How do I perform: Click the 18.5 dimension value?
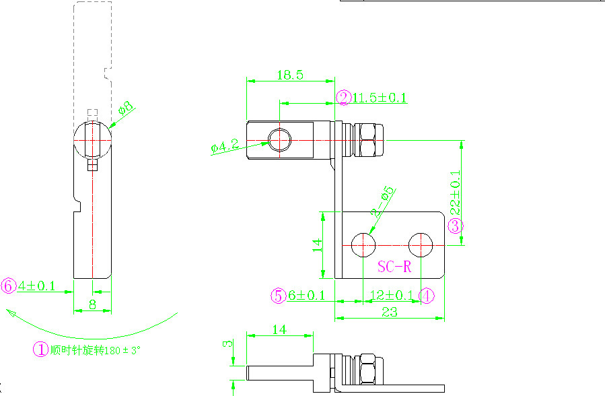289,75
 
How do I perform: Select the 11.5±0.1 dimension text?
380,98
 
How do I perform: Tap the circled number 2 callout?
344,98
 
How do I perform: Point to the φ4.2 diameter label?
225,145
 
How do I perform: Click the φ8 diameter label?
126,108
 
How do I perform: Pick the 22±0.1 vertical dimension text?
455,191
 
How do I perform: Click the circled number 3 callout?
456,226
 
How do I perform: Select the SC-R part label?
394,267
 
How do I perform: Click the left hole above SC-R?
364,244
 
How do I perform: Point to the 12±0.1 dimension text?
392,295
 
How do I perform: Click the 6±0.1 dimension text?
307,295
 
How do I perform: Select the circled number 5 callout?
279,295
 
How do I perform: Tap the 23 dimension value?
390,312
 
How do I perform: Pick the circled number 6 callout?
9,286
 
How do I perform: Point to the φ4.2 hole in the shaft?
279,140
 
